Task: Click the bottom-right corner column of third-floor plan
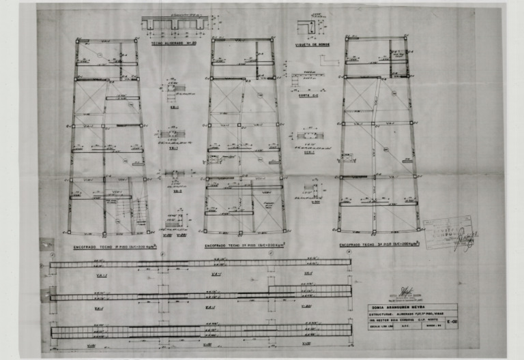point(418,229)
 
